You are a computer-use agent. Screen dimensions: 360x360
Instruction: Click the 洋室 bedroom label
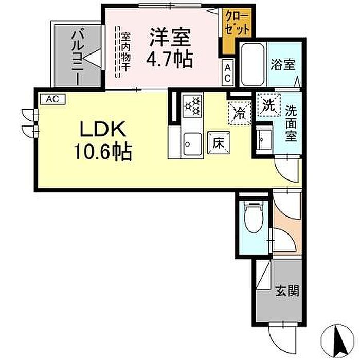coord(170,37)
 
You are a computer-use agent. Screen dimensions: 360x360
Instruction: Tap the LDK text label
coord(102,129)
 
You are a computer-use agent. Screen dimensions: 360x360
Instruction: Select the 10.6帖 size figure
coord(103,152)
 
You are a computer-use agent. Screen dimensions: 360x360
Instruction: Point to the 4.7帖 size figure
coord(169,59)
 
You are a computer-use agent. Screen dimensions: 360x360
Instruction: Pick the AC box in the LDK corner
coord(53,99)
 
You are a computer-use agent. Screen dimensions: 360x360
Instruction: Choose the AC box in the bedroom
coord(227,73)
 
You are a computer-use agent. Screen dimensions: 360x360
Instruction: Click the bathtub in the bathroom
coord(253,64)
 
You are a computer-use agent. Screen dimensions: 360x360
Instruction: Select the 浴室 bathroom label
coord(283,64)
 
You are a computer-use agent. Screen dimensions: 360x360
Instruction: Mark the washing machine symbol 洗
coord(268,105)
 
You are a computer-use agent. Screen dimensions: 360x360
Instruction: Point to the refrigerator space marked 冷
coord(240,114)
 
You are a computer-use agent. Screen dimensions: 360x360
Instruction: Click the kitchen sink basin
coord(192,144)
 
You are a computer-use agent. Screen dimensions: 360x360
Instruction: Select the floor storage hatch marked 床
coord(219,143)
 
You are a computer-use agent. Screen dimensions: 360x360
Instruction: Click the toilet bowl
coord(254,217)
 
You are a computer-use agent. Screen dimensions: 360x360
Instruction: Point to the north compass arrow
coord(340,339)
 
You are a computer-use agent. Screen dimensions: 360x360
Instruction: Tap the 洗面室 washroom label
coord(291,124)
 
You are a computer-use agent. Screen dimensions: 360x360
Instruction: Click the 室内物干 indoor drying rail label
coord(126,52)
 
